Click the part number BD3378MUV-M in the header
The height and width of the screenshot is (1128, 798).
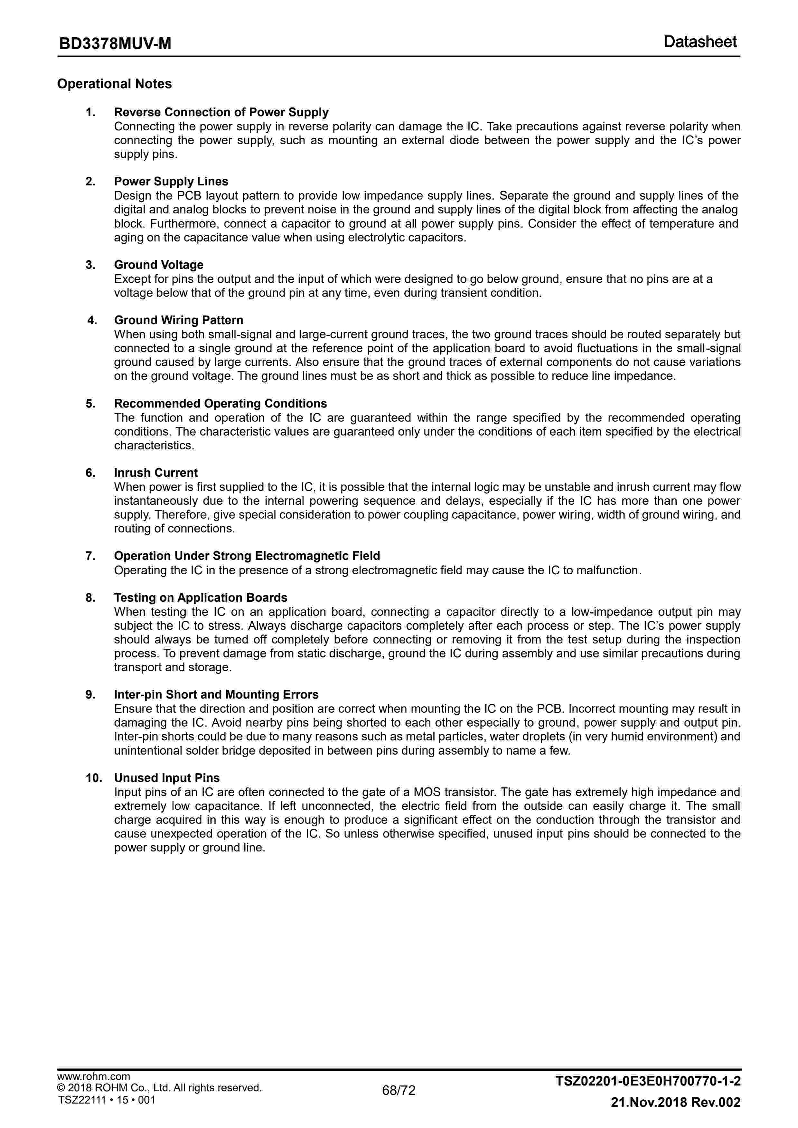[115, 44]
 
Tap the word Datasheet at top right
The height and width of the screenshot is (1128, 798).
[700, 42]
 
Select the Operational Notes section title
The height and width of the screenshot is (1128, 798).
[115, 84]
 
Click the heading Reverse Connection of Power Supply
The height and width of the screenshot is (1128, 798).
[221, 112]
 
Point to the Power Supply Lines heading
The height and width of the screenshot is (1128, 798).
[171, 182]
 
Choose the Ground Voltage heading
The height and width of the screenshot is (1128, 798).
[159, 265]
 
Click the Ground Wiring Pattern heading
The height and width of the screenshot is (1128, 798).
[178, 320]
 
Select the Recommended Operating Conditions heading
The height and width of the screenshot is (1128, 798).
[220, 404]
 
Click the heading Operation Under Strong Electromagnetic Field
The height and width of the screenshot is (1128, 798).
[247, 556]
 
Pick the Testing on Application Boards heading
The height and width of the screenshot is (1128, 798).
[201, 598]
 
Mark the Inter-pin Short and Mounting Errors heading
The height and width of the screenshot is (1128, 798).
[216, 695]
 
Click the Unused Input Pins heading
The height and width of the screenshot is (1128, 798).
[166, 778]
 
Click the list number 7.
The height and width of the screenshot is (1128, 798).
[90, 556]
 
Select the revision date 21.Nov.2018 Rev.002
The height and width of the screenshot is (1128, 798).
[675, 1116]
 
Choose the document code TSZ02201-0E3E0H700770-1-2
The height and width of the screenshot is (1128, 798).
[648, 1095]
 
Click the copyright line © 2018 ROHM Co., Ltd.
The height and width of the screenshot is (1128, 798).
[160, 1102]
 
